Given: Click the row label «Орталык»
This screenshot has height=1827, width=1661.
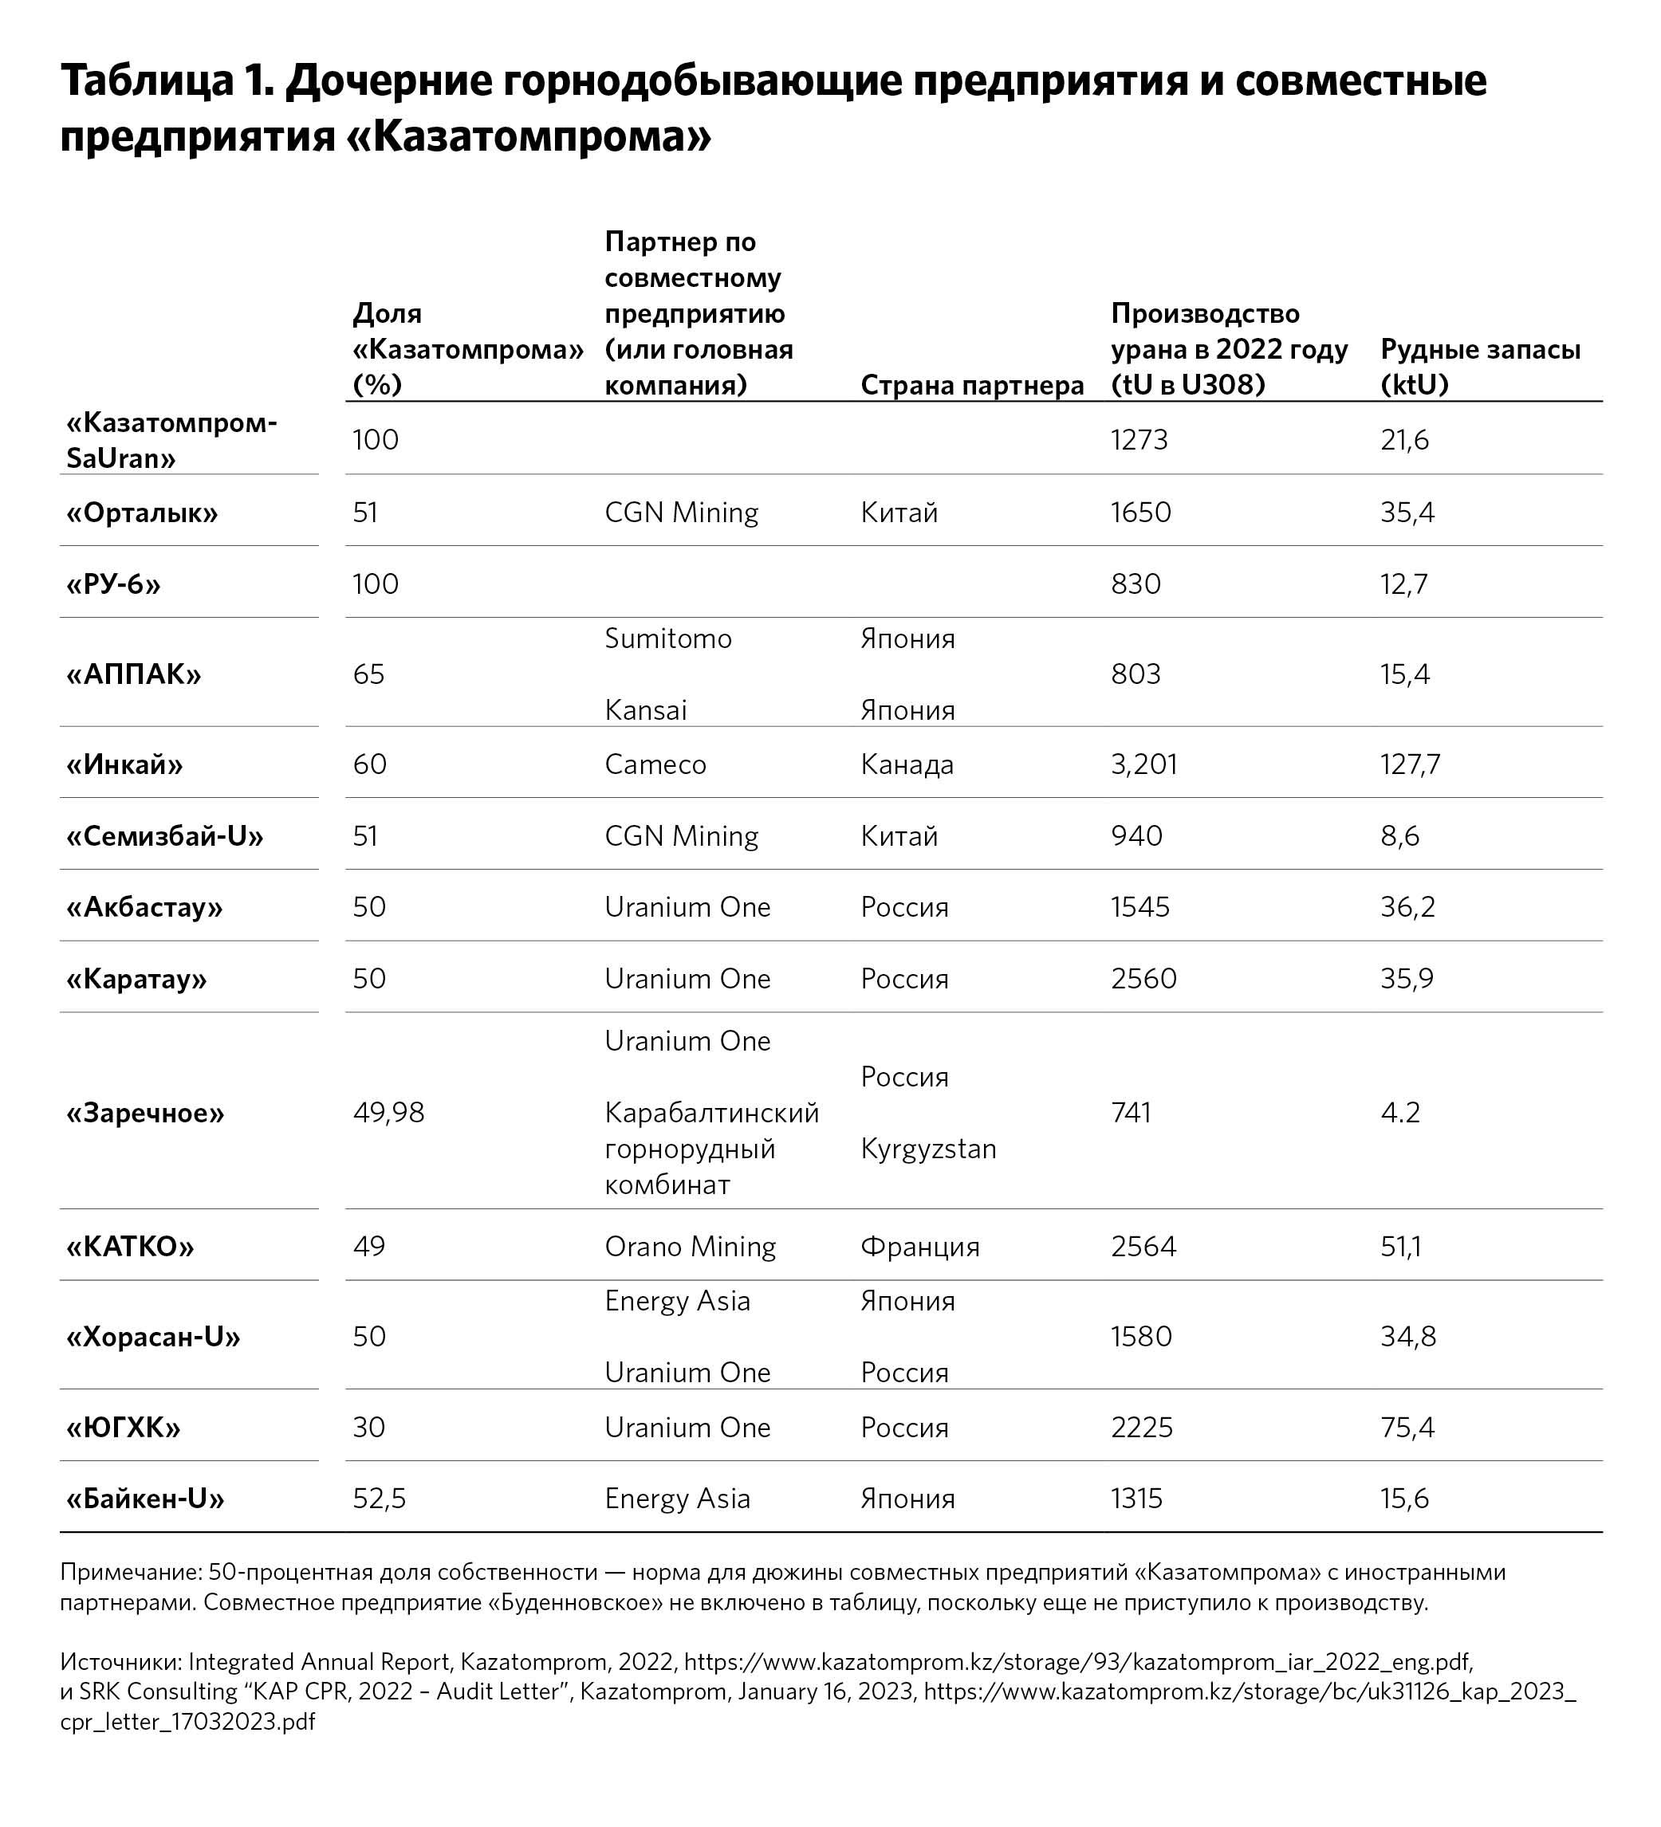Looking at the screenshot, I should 143,513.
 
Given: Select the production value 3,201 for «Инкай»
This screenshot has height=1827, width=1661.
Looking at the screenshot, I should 1143,764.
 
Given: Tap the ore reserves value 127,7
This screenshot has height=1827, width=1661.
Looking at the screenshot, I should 1410,764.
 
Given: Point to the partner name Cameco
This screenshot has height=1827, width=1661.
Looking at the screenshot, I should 655,764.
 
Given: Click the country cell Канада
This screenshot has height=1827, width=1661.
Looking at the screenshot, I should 907,764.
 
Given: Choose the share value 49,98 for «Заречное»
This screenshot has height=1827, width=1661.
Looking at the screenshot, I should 388,1112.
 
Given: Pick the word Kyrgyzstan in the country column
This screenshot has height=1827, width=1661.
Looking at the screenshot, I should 927,1148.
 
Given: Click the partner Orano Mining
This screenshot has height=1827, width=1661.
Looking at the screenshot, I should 690,1246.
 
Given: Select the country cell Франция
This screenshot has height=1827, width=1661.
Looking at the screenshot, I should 919,1246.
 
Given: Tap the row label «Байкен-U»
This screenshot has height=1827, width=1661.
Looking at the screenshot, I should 145,1498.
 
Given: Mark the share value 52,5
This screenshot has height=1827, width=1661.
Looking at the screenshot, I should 379,1498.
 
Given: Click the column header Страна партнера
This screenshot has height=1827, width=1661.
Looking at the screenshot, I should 971,385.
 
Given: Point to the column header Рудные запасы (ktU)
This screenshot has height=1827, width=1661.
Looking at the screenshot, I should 1480,367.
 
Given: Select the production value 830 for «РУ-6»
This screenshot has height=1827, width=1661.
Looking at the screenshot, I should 1136,583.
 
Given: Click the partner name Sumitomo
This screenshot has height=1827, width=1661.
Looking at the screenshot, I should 667,638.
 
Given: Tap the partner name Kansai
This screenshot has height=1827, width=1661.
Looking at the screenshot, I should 646,709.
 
